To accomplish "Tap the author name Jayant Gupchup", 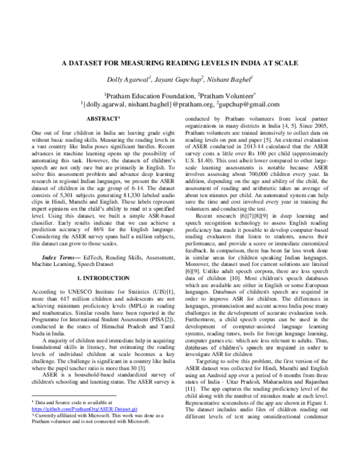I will [179, 79].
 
